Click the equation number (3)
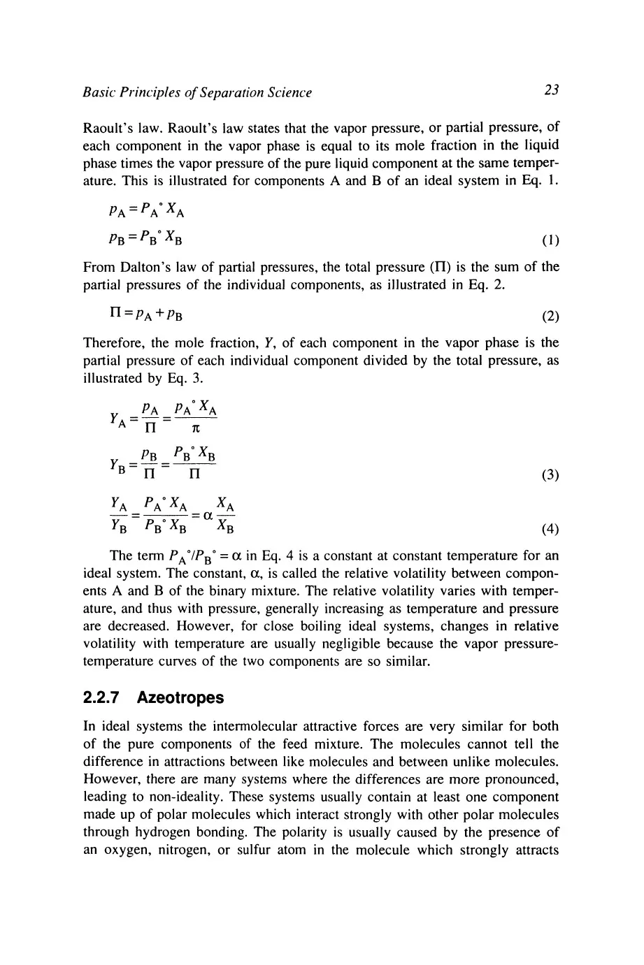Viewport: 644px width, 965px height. point(550,476)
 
